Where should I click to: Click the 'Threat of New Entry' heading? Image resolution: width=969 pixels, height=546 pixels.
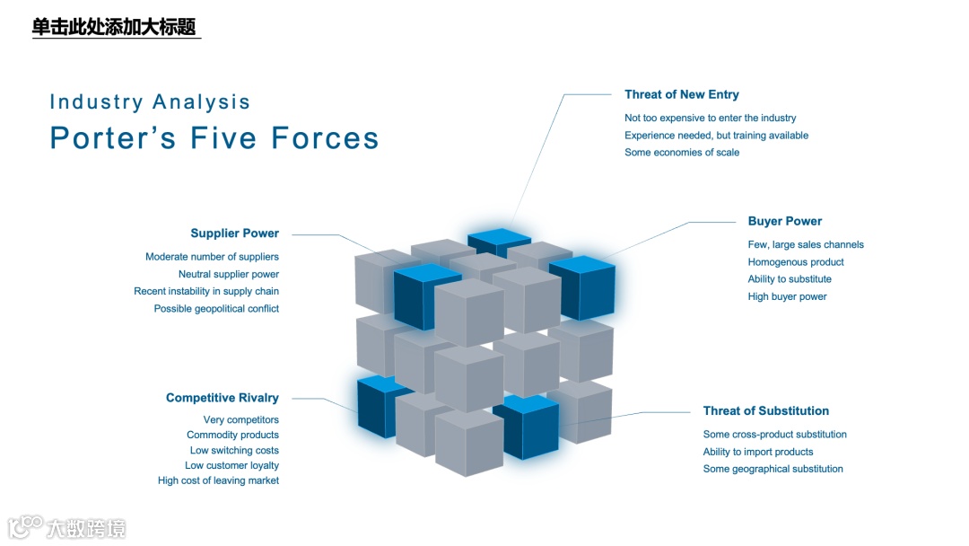pos(681,94)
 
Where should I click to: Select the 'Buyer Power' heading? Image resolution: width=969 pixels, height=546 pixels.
pos(784,221)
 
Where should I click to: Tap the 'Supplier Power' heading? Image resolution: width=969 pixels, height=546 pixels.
pos(234,233)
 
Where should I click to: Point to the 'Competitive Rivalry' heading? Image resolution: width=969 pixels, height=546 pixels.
pos(222,398)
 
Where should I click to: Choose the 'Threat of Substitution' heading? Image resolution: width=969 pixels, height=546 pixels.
pos(765,411)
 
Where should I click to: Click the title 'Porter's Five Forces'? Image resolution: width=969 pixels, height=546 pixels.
pos(214,138)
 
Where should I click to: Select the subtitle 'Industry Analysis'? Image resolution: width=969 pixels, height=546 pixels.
pos(150,101)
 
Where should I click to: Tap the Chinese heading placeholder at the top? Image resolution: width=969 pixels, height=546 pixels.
pos(114,27)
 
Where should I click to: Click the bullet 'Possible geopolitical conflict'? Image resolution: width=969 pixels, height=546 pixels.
pos(216,309)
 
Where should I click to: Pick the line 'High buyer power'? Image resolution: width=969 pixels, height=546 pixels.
pos(787,296)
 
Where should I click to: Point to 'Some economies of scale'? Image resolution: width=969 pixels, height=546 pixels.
pos(682,153)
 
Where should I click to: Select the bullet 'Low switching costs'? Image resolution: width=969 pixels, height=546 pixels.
pos(234,451)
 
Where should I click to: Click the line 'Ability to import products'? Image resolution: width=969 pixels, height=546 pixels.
pos(757,452)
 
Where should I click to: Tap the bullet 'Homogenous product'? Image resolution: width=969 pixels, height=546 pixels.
pos(796,262)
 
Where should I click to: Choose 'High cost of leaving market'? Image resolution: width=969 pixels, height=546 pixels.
pos(218,481)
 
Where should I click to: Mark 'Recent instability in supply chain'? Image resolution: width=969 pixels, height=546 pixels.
pos(206,292)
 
